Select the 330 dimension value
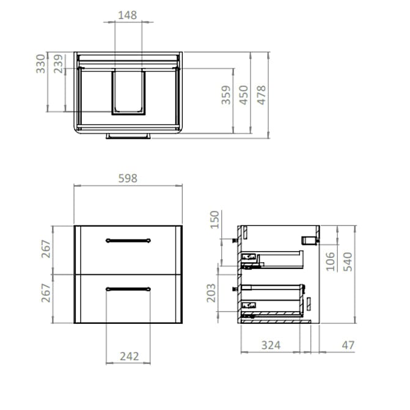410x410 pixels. click(41, 64)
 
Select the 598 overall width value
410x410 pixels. click(128, 178)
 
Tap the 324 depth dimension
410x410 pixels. click(270, 345)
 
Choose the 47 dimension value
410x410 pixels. click(348, 345)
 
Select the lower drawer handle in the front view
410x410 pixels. click(128, 288)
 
